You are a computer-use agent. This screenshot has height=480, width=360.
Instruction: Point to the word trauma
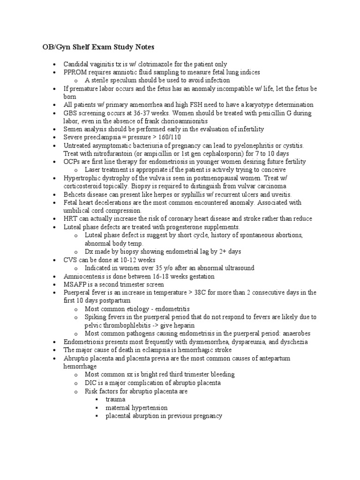[115, 399]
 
